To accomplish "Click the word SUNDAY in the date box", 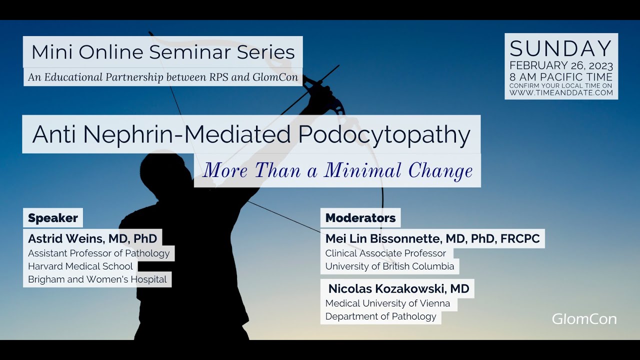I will (x=561, y=49).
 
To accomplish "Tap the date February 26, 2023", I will (x=561, y=66).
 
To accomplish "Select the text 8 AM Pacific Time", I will (x=561, y=76).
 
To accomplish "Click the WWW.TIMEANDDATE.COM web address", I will (x=561, y=92).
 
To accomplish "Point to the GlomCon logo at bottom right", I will (x=584, y=319).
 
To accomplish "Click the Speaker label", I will (x=53, y=218).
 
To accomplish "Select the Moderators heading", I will (x=360, y=218).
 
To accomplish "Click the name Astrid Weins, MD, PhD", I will (x=92, y=238).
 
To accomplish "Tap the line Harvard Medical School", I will (x=80, y=266).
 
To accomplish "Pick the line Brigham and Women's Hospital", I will (x=97, y=279).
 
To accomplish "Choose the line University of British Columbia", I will (x=389, y=266).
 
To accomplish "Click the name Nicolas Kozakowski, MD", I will (x=398, y=288).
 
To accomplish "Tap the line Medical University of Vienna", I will (x=387, y=303).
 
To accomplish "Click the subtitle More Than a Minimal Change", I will (x=337, y=171).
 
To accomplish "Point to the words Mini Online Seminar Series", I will (x=163, y=52).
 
